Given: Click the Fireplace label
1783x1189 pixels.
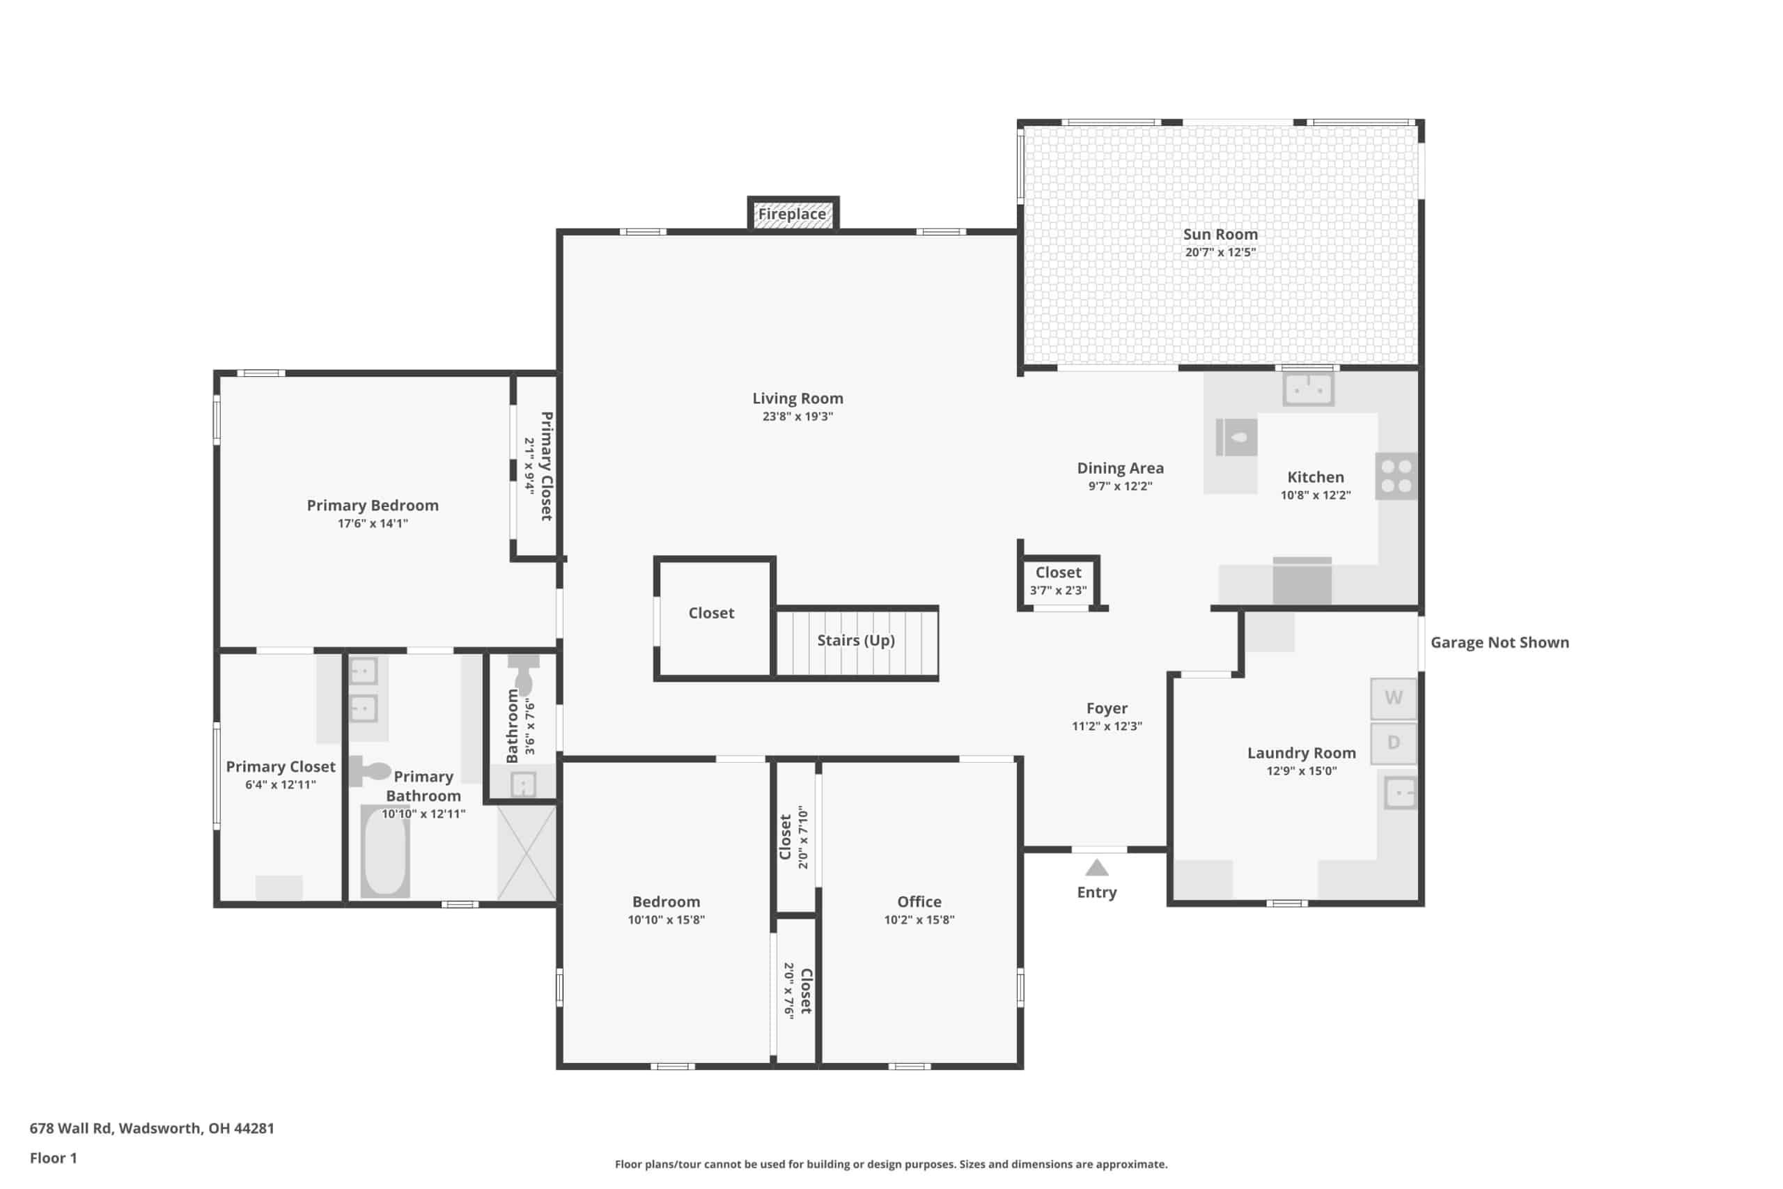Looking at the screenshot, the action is coord(792,214).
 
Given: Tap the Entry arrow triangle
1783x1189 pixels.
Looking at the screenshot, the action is coord(1096,867).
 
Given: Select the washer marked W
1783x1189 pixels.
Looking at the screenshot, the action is coord(1394,699).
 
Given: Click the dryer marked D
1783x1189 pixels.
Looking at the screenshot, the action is coord(1394,743).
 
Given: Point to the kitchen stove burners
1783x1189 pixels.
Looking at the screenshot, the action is coord(1396,476).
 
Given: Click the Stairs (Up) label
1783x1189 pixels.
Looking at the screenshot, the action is coord(856,641).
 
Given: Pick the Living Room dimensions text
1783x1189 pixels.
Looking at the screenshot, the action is coord(797,417).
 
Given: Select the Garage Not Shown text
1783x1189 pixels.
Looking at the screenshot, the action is coord(1500,642).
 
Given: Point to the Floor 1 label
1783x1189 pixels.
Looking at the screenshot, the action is coord(53,1158).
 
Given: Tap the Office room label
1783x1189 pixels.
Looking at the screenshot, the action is coord(919,901).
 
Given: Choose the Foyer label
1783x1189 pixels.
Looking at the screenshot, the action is coord(1107,708).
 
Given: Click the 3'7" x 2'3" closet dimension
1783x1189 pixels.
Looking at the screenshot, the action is coord(1058,591).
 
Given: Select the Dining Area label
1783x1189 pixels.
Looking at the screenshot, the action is coord(1121,469).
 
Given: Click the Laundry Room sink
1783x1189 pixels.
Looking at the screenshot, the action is coord(1400,793).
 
